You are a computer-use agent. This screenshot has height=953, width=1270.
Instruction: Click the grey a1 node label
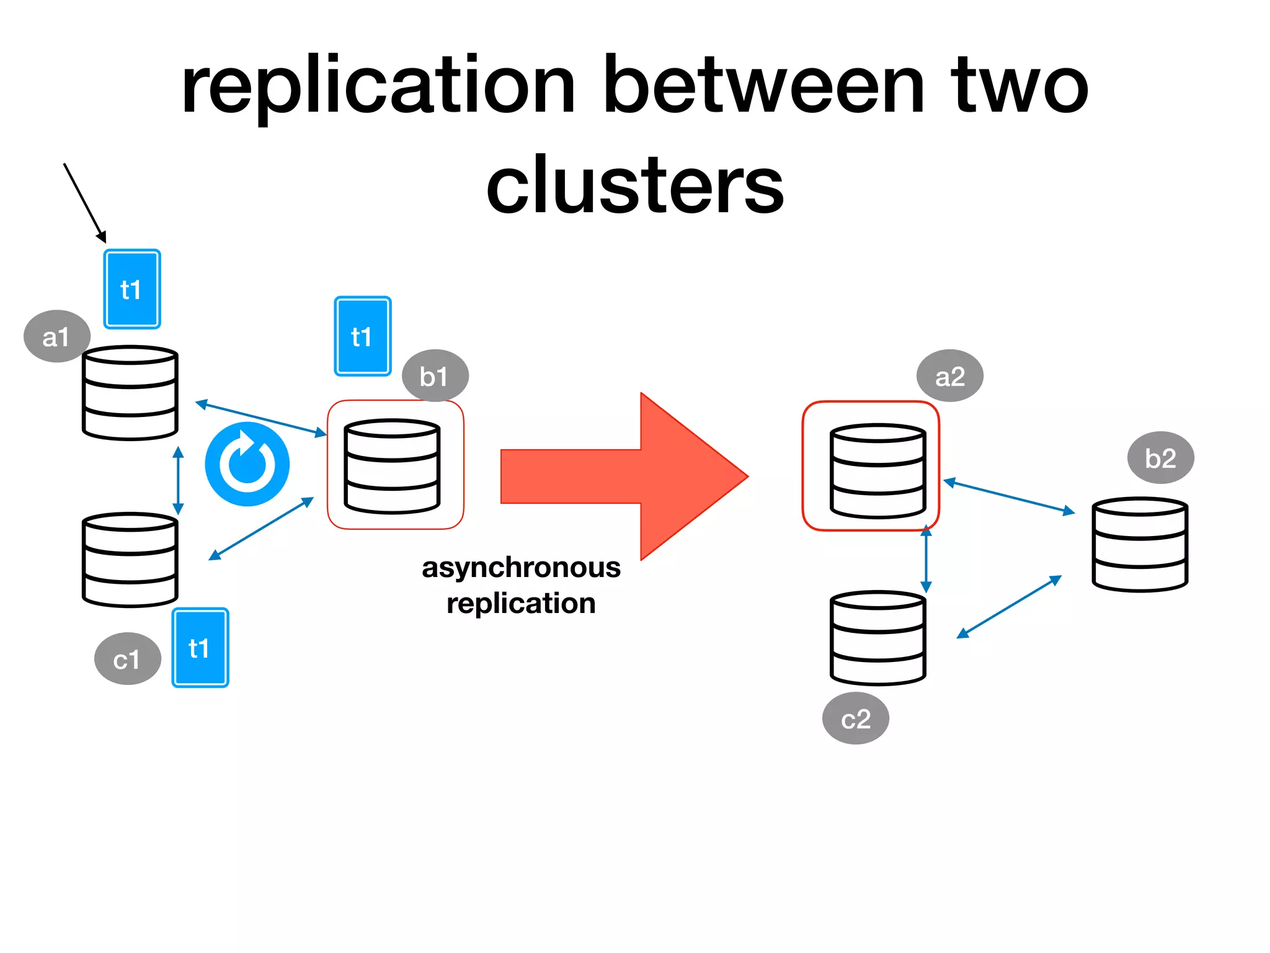(x=56, y=336)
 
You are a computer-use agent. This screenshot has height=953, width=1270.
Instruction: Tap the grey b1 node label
(x=435, y=376)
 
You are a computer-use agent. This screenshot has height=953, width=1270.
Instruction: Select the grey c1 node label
(x=127, y=659)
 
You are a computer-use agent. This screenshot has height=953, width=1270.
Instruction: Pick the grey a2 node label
(x=949, y=376)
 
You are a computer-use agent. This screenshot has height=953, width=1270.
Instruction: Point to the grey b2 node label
(x=1160, y=458)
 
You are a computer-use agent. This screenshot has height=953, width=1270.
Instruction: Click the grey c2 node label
(x=855, y=718)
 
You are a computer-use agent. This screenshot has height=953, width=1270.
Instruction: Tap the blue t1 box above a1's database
(x=131, y=289)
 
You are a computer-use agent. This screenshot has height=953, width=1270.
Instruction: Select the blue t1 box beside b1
(x=362, y=336)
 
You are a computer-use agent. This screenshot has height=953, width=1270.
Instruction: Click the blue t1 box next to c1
(x=200, y=648)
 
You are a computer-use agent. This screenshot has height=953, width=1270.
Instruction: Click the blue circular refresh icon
(x=247, y=464)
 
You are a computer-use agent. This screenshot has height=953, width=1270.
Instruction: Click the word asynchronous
(x=521, y=567)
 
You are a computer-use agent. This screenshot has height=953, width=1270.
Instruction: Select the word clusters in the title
(x=635, y=185)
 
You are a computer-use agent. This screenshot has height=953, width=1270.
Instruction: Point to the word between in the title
(x=764, y=86)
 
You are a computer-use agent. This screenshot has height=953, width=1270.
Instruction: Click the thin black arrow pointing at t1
(x=84, y=202)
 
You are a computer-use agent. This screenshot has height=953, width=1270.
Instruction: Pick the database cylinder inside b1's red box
(x=392, y=467)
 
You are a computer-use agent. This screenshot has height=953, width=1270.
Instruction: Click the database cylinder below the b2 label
(x=1139, y=545)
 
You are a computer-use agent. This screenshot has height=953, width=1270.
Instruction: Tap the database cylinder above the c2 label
(x=877, y=638)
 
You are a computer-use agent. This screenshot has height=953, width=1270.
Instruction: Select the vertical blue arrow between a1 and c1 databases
(x=178, y=480)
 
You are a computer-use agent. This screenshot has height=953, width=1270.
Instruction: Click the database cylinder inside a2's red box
(x=877, y=472)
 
